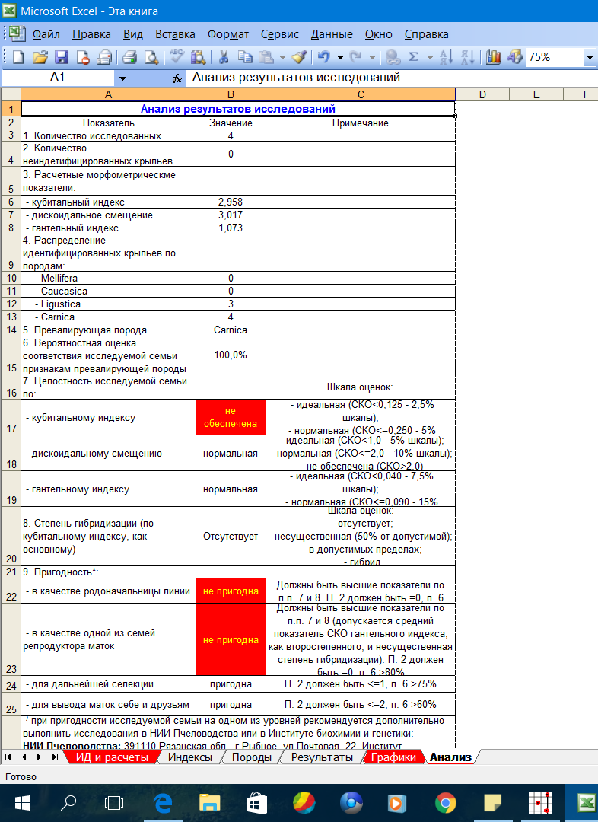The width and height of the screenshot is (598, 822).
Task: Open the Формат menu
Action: coord(227,34)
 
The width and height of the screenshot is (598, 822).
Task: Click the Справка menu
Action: coord(426,34)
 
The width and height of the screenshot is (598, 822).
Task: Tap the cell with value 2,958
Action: coord(230,202)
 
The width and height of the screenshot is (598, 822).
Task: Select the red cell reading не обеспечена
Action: coord(230,416)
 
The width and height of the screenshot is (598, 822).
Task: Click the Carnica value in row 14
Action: coord(230,330)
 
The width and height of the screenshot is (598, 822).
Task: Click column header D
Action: coord(482,94)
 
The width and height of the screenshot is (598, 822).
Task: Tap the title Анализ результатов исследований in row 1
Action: coord(237,109)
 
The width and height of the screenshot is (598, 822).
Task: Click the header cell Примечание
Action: coord(360,123)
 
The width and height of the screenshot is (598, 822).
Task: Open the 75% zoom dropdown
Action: coord(590,57)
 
